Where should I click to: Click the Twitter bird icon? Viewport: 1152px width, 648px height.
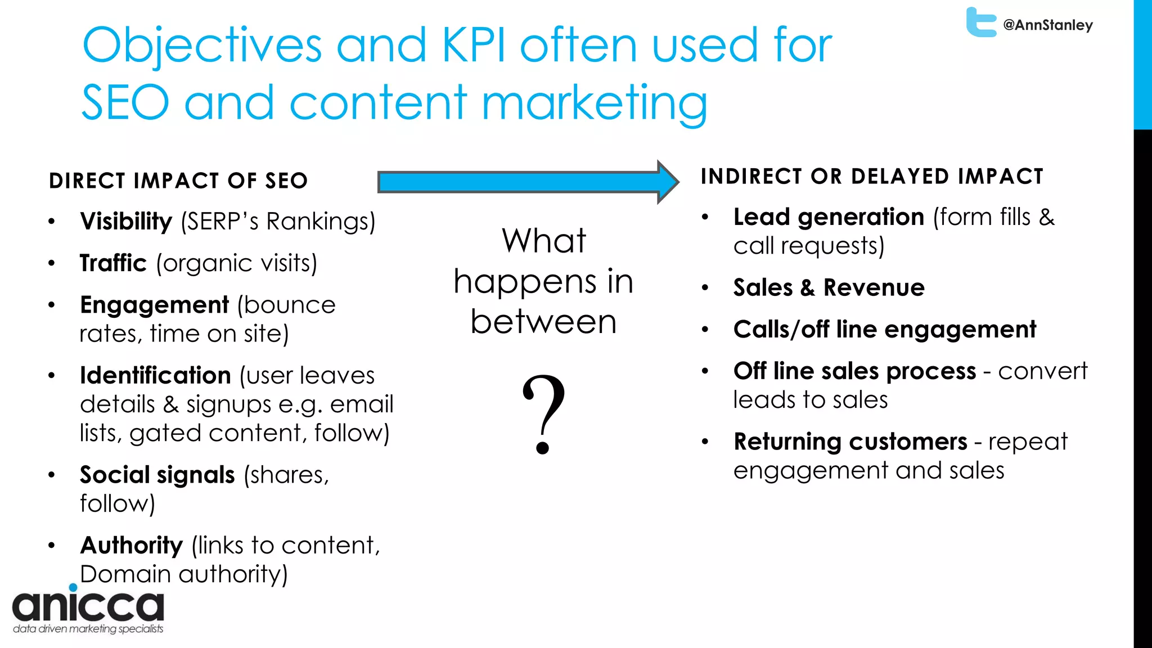(x=981, y=22)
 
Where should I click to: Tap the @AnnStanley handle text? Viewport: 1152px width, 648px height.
(x=1048, y=25)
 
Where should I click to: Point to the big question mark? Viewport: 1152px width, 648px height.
(x=543, y=413)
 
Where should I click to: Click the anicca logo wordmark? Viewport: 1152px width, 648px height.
(x=88, y=605)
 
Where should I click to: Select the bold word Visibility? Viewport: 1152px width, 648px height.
(x=126, y=222)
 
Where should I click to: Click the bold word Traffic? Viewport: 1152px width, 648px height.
(x=113, y=263)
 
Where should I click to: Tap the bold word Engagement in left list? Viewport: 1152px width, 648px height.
(x=154, y=305)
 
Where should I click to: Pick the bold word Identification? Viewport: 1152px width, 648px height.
(x=155, y=375)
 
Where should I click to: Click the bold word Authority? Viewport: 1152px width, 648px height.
(x=132, y=546)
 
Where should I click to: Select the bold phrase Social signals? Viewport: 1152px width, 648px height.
(x=157, y=475)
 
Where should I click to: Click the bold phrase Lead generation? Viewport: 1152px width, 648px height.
(x=829, y=217)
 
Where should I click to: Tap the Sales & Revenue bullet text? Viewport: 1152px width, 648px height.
(x=829, y=288)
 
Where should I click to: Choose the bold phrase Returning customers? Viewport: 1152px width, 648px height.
(x=850, y=442)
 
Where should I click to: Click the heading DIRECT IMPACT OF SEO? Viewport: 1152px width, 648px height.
(x=178, y=181)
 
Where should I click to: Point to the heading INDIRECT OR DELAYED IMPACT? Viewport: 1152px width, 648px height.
(x=872, y=177)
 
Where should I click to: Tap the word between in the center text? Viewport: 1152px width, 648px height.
(x=543, y=322)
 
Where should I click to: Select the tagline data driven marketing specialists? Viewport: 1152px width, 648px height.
(x=88, y=629)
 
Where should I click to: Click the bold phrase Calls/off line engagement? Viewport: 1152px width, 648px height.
(x=884, y=330)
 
